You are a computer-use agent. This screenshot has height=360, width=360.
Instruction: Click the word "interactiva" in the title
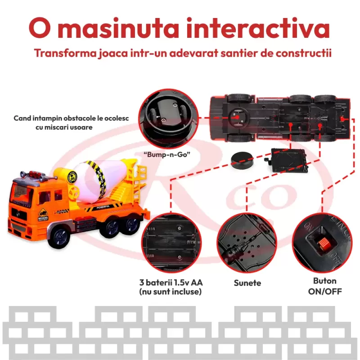(x=258, y=28)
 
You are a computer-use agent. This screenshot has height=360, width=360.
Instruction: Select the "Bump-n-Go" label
(x=167, y=154)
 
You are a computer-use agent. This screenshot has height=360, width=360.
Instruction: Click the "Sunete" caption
(x=247, y=283)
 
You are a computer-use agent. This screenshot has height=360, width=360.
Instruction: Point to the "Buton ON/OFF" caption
(x=325, y=286)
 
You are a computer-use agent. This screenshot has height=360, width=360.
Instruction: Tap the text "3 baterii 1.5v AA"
(x=171, y=283)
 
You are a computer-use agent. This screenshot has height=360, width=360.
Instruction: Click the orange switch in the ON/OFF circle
(x=323, y=244)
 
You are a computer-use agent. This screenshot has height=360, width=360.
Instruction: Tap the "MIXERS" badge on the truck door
(x=43, y=215)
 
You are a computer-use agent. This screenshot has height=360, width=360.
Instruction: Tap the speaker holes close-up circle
(x=247, y=243)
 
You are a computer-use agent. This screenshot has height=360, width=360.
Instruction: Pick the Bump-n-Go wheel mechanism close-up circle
(x=168, y=119)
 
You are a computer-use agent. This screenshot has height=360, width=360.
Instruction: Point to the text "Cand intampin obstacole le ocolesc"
(x=71, y=118)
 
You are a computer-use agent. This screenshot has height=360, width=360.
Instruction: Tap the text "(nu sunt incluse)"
(x=171, y=292)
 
